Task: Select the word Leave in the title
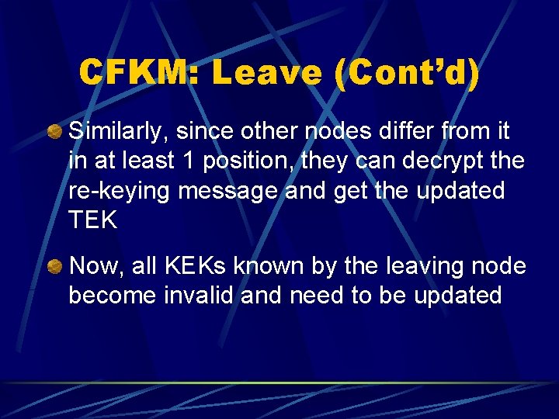click(x=266, y=73)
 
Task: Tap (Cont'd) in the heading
click(x=407, y=73)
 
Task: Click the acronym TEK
click(x=92, y=220)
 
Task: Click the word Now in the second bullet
click(x=95, y=267)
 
